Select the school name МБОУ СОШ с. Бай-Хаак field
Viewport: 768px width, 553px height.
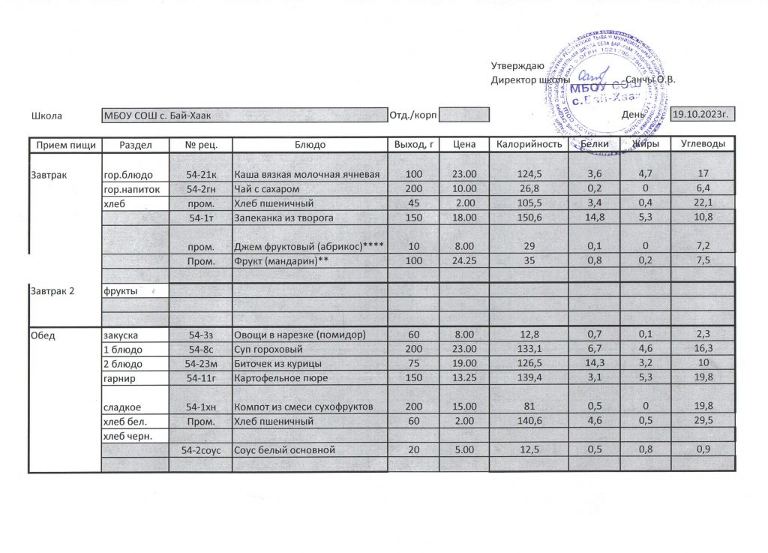[244, 116]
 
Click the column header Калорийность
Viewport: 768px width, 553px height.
[529, 144]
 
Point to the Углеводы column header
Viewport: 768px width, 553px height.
[703, 144]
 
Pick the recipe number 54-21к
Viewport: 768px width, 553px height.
[201, 175]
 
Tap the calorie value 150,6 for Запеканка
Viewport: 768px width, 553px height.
[529, 218]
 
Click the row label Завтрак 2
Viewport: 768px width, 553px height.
[53, 290]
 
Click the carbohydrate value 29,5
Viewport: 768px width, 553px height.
[703, 422]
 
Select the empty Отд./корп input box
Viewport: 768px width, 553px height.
[463, 116]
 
